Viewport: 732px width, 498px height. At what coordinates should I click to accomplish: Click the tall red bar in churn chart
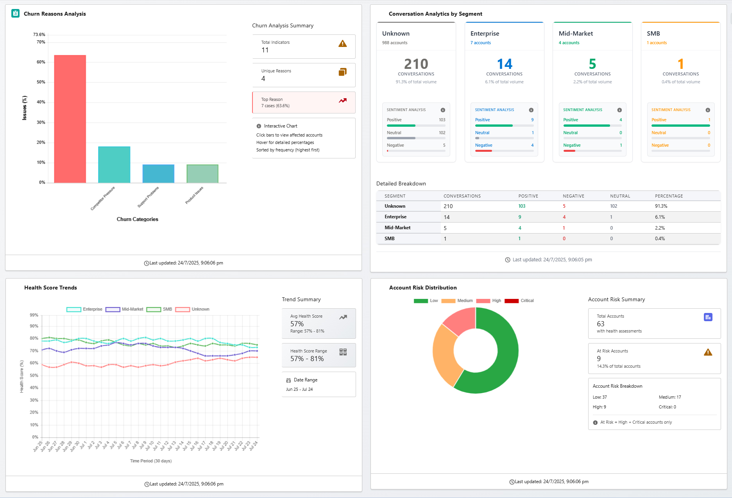click(x=70, y=119)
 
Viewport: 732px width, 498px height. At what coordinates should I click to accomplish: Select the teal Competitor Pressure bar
click(x=114, y=165)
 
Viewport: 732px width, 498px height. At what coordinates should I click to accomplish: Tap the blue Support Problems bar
click(x=158, y=174)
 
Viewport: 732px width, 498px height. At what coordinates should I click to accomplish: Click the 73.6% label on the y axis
click(x=39, y=34)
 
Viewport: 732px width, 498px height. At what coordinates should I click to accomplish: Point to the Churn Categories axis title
click(x=137, y=219)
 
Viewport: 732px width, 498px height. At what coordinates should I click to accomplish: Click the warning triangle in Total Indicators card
click(x=342, y=44)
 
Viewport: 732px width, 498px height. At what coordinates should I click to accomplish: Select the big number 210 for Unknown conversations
click(x=416, y=64)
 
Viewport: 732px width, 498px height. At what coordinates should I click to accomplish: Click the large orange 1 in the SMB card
click(x=680, y=64)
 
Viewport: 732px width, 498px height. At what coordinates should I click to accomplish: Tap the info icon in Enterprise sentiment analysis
click(x=531, y=110)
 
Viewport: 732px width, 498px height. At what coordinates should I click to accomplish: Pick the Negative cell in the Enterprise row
click(x=564, y=217)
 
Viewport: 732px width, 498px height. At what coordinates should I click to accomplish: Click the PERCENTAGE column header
click(x=669, y=196)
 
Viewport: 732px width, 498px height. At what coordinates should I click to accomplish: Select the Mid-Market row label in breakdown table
click(x=397, y=228)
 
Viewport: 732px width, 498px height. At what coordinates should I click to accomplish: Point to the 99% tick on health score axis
click(x=34, y=315)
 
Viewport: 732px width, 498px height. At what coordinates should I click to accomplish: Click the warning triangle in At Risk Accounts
click(x=708, y=352)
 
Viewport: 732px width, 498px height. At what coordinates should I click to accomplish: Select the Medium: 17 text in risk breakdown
click(x=669, y=397)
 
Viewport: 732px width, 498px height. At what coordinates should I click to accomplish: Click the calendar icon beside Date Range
click(x=288, y=380)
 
